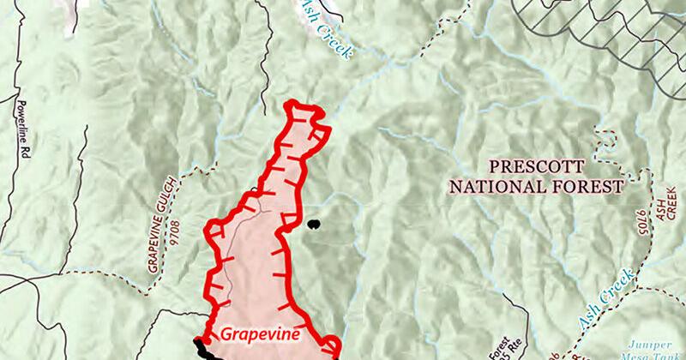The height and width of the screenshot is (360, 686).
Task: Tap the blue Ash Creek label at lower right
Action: coord(608,300)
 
